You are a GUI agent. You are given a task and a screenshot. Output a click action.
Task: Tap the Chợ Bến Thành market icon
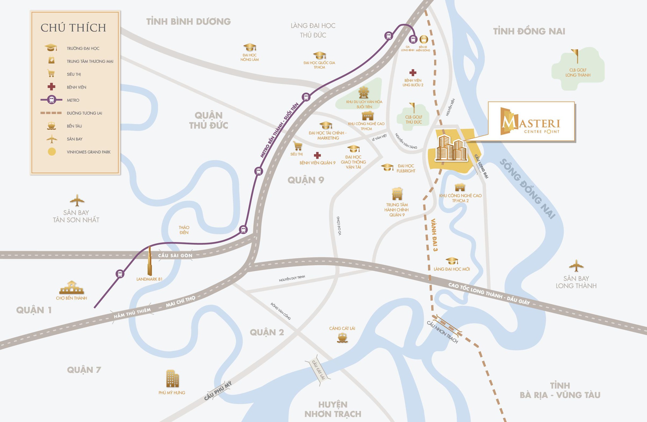point(72,287)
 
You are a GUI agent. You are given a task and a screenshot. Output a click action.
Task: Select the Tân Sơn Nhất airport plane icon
point(77,200)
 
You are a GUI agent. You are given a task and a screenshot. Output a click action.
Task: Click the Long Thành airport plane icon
point(576,266)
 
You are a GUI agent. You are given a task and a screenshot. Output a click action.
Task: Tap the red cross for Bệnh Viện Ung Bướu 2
point(413,73)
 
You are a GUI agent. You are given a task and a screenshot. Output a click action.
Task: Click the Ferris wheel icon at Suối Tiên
point(364,93)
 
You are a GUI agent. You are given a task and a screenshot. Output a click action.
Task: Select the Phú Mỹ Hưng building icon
point(172,378)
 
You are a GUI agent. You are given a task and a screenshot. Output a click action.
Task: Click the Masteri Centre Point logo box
point(531,121)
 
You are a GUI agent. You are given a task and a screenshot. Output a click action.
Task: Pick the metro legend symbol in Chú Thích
point(51,100)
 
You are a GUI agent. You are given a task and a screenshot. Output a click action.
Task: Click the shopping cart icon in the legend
point(51,74)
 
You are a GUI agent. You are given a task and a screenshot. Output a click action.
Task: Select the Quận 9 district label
point(305,180)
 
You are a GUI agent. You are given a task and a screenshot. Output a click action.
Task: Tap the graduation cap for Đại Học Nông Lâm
point(250,47)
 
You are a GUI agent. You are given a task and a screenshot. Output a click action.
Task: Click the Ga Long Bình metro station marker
point(413,39)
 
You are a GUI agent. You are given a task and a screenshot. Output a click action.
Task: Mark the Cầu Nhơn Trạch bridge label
point(442,332)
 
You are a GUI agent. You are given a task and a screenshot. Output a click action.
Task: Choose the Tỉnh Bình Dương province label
point(188,21)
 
